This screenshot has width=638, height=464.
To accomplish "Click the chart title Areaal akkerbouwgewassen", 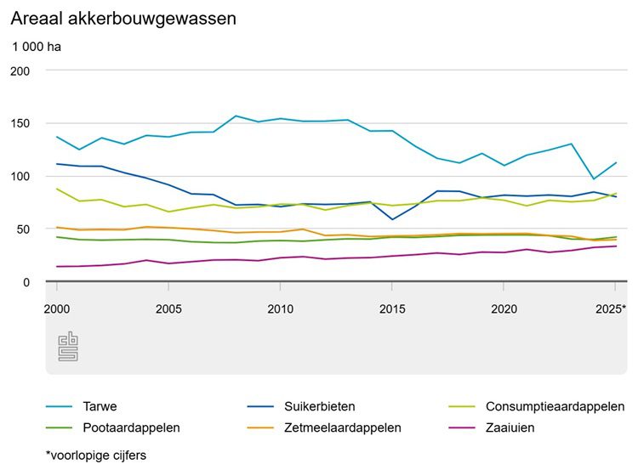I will [123, 18].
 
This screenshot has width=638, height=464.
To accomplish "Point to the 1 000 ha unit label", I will [37, 47].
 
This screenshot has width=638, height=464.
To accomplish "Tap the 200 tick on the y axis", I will [20, 71].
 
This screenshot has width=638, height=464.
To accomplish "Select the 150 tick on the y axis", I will [20, 123].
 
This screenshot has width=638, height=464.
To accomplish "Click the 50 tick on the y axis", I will [23, 229].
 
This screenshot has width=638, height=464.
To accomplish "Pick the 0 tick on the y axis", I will [26, 282].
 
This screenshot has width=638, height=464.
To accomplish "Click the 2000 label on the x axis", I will [58, 308].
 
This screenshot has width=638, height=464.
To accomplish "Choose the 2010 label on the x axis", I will [280, 308].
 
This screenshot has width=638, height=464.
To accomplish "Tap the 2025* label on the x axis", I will [612, 308].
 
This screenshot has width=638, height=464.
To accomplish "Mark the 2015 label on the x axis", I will [391, 308].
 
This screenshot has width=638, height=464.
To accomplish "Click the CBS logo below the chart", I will [67, 347].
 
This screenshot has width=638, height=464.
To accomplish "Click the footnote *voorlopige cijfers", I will [95, 456].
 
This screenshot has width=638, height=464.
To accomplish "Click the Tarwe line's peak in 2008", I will [236, 116].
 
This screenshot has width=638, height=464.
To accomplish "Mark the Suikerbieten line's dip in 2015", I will [391, 219].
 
